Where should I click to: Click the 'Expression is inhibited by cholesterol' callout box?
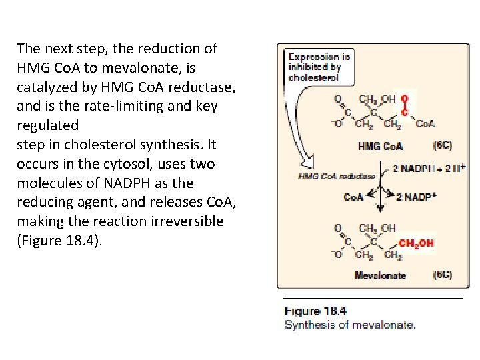pyautogui.click(x=313, y=67)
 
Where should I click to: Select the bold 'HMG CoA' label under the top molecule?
pyautogui.click(x=380, y=145)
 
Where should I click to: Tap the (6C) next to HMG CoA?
pyautogui.click(x=442, y=145)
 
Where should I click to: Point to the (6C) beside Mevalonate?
pyautogui.click(x=442, y=274)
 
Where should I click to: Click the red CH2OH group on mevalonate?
pyautogui.click(x=416, y=243)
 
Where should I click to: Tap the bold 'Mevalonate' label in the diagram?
pyautogui.click(x=380, y=275)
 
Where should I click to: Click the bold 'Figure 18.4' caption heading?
pyautogui.click(x=315, y=311)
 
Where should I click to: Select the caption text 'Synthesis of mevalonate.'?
pyautogui.click(x=349, y=325)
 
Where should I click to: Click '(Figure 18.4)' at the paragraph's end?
pyautogui.click(x=59, y=241)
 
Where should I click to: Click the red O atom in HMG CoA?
pyautogui.click(x=405, y=99)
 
